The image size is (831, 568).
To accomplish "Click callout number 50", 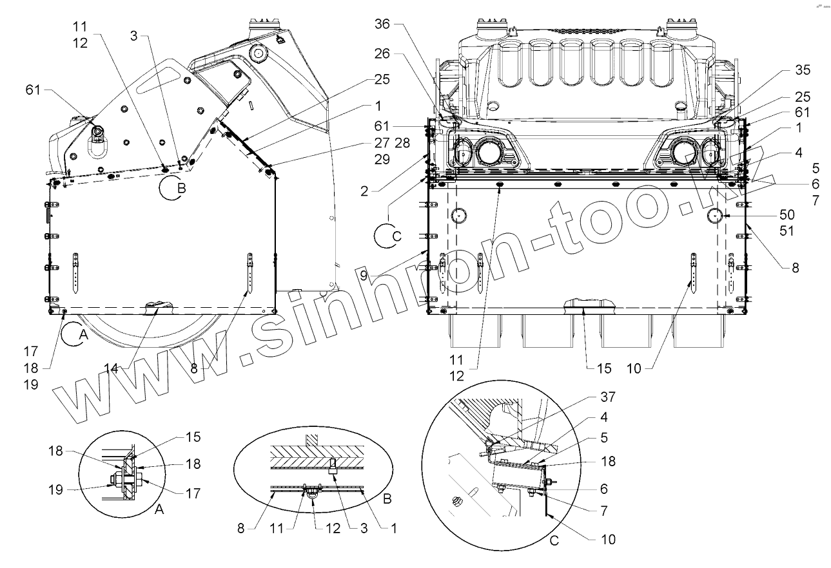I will tap(787, 214).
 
